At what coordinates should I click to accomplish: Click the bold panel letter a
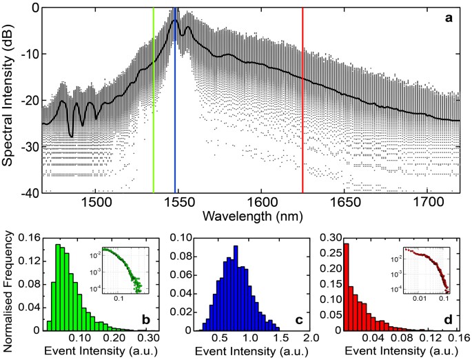pos(449,18)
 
